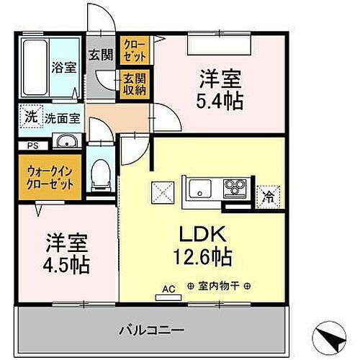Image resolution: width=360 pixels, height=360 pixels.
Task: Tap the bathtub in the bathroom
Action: tap(34, 68)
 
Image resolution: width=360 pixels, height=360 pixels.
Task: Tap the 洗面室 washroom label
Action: tap(62, 117)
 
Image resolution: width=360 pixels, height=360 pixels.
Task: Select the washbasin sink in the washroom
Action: tap(65, 140)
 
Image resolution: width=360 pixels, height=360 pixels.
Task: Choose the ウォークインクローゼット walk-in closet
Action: tap(50, 177)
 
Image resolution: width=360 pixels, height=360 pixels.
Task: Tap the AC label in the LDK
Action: tap(168, 289)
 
